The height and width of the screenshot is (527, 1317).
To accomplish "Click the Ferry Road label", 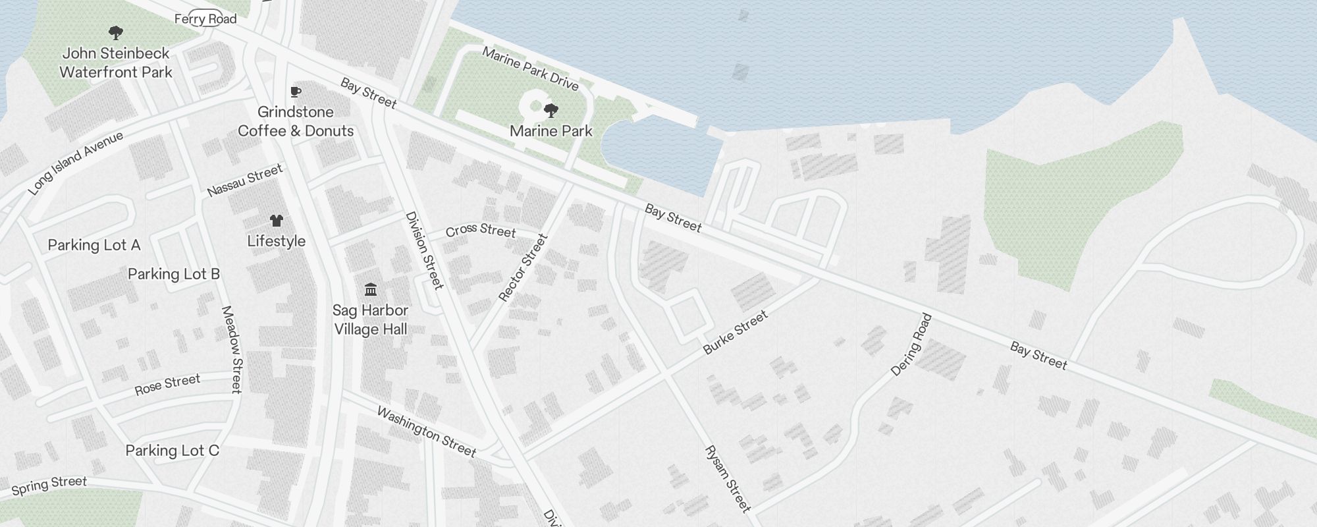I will point(205,19).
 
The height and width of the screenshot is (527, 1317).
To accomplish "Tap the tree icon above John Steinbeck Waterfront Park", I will point(116,32).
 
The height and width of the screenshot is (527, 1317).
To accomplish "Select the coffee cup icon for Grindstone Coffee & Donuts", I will point(296,92).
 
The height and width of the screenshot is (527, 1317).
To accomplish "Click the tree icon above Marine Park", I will point(551,110).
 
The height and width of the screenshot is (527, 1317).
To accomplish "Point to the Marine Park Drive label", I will point(530,69).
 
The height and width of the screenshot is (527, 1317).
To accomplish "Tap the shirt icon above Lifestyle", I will point(276,220).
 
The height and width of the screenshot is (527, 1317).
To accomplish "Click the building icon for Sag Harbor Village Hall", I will point(371,289).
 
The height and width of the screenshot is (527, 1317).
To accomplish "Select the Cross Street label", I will point(480,230).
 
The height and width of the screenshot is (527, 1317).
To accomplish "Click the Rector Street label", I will point(523,268).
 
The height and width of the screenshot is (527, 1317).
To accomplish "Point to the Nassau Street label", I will point(245,180).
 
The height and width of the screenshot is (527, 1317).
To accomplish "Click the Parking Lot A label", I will point(94,245).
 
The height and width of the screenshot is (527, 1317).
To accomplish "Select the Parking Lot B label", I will point(174,274).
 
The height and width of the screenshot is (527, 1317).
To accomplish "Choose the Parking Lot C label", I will point(173,451).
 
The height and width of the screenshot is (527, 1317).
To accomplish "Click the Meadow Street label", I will point(232,349).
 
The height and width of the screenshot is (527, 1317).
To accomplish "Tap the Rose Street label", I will point(167,385).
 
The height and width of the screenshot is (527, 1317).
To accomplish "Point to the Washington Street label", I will point(426,431).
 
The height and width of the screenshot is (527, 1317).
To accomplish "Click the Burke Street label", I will point(736,333).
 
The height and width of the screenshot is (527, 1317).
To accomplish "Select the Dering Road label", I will point(911,345).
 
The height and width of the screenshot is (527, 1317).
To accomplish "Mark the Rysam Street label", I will point(728,479).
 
